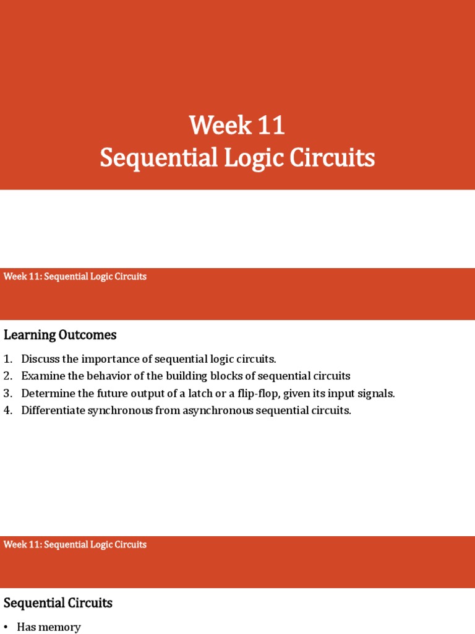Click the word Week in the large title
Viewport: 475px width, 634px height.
219,126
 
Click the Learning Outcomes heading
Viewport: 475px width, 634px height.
60,335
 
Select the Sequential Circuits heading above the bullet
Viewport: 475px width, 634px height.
58,603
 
